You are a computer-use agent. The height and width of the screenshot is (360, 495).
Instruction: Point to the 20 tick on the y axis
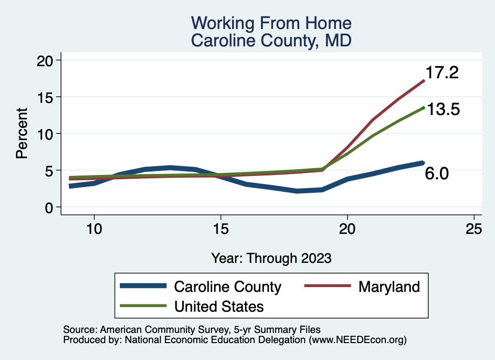point(48,60)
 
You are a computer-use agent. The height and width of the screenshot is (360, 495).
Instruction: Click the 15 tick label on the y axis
point(48,97)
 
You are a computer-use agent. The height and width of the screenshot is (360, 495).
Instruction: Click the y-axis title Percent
point(21,133)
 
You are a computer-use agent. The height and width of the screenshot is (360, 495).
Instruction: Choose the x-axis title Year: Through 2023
point(271,258)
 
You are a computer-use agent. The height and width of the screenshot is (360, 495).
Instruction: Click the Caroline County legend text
point(227,287)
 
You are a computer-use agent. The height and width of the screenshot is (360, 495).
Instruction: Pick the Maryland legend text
point(389,287)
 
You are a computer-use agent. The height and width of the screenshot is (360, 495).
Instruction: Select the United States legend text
point(219,306)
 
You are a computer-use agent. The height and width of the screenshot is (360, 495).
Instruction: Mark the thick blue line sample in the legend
point(143,287)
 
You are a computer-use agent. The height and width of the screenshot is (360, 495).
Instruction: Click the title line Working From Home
point(271,23)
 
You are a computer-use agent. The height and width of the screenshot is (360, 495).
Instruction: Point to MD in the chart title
point(338,41)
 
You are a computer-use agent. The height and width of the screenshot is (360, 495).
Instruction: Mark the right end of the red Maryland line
point(423,81)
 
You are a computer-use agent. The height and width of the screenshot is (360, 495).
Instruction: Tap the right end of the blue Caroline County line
point(423,163)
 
